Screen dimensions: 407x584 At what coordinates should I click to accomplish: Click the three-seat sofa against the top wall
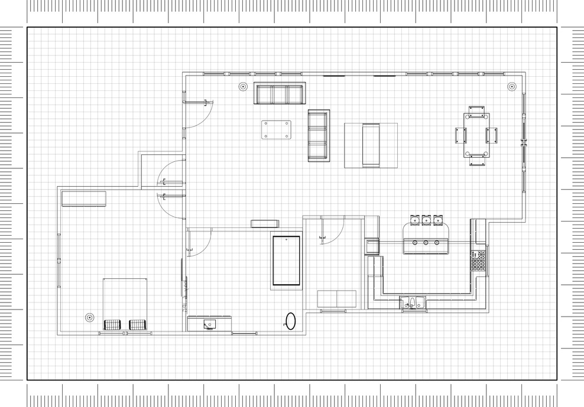[x=280, y=94]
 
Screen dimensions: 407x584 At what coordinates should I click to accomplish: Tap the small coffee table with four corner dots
[x=276, y=129]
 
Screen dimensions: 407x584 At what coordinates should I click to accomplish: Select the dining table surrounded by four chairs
[x=476, y=135]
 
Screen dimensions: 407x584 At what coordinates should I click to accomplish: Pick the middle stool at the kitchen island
[x=426, y=220]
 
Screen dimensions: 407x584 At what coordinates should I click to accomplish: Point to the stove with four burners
[x=478, y=261]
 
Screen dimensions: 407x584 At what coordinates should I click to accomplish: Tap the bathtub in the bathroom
[x=286, y=261]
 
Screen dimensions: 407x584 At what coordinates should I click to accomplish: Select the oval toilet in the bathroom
[x=290, y=321]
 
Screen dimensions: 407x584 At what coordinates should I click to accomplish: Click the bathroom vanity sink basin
[x=209, y=323]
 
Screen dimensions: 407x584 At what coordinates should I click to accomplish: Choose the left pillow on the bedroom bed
[x=112, y=324]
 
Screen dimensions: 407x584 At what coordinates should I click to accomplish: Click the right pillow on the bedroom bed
[x=137, y=324]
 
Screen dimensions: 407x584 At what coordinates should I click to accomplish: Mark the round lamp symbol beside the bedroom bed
[x=89, y=318]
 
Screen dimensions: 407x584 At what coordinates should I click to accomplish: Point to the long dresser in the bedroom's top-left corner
[x=83, y=198]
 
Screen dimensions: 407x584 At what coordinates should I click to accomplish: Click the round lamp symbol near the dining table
[x=511, y=87]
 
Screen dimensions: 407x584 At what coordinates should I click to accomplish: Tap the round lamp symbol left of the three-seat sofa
[x=242, y=86]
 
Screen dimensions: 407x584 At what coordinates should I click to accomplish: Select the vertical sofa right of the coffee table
[x=318, y=135]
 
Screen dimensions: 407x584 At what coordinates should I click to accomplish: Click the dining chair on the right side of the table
[x=492, y=135]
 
